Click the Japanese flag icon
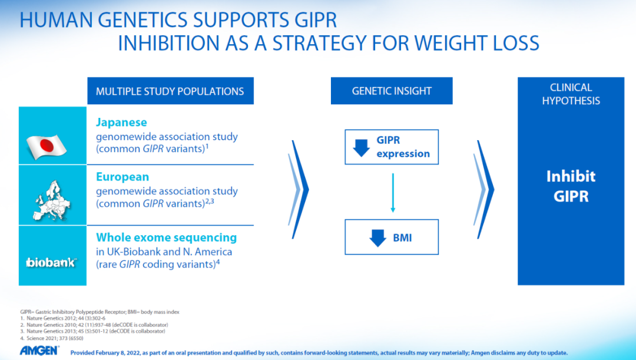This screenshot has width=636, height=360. pyautogui.click(x=47, y=147)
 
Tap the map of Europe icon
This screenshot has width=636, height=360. pyautogui.click(x=52, y=201)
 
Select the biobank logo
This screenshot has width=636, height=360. pyautogui.click(x=51, y=263)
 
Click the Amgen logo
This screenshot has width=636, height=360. pyautogui.click(x=39, y=351)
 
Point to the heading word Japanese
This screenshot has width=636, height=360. pyautogui.click(x=121, y=122)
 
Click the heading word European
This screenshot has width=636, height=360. pyautogui.click(x=122, y=177)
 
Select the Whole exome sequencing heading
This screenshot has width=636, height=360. pyautogui.click(x=166, y=237)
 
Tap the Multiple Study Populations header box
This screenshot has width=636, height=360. pyautogui.click(x=170, y=91)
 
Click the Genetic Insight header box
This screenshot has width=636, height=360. pyautogui.click(x=392, y=91)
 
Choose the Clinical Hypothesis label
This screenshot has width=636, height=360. pyautogui.click(x=571, y=94)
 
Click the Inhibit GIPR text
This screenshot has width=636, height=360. pyautogui.click(x=571, y=186)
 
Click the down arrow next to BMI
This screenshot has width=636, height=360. pyautogui.click(x=377, y=238)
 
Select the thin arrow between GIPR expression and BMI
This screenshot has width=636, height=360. pyautogui.click(x=393, y=193)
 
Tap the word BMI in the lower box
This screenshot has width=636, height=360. pyautogui.click(x=402, y=238)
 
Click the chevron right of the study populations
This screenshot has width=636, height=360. pyautogui.click(x=299, y=190)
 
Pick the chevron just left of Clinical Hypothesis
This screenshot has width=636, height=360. pyautogui.click(x=484, y=190)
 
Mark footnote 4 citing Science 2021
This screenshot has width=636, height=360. pyautogui.click(x=52, y=338)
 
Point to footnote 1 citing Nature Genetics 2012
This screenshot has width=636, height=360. pyautogui.click(x=63, y=319)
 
